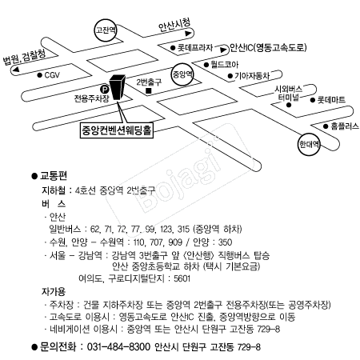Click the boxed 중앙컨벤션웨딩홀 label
coord(117,130)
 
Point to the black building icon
coord(118,87)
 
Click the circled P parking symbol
coord(104,89)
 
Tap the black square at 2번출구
coord(149,90)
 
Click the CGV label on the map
coord(52,75)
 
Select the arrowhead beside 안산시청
coord(189,34)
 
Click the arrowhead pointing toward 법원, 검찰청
coord(16,70)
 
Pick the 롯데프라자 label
coord(195,48)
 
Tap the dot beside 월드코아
coord(206,65)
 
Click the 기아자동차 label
coord(252,76)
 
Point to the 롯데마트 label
coord(331,100)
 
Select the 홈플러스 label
coord(345,126)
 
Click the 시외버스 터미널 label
coord(288,93)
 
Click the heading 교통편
coord(54,176)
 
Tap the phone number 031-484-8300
coord(118,347)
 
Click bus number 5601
coord(182,278)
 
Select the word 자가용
coord(54,291)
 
